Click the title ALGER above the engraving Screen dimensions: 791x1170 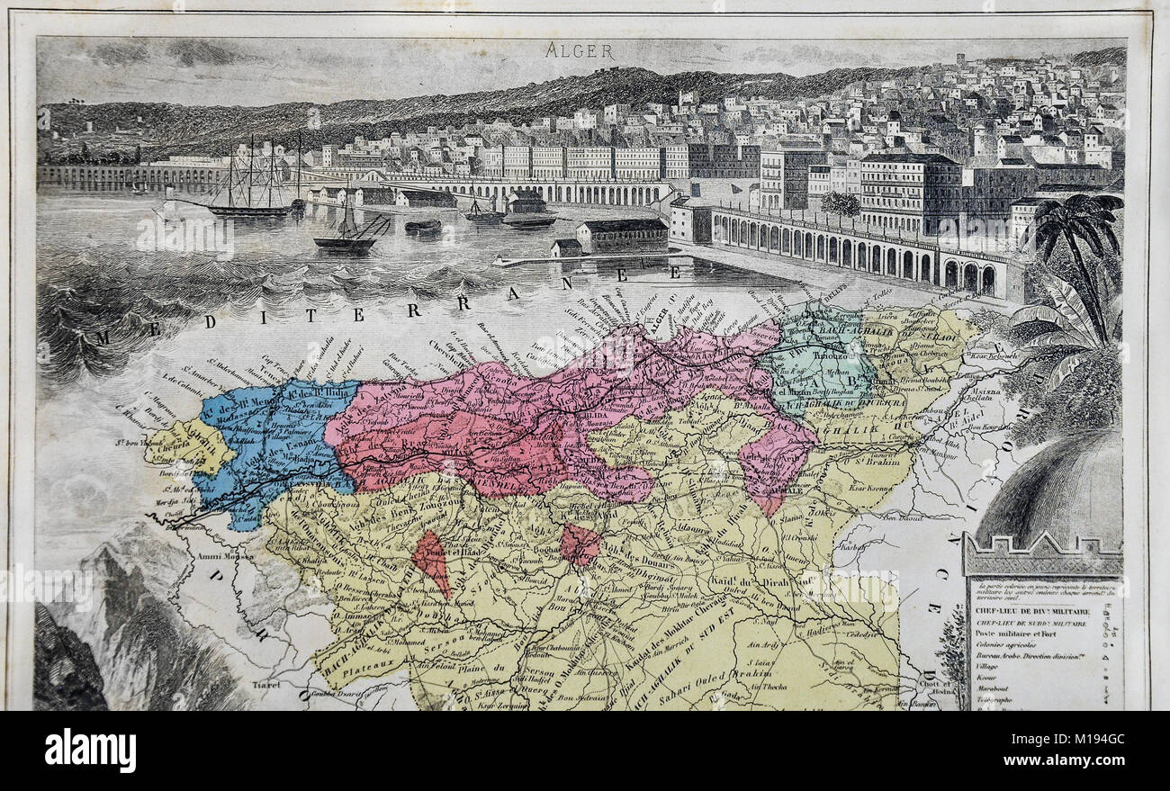coord(579,51)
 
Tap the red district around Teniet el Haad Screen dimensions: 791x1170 coord(431,562)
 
